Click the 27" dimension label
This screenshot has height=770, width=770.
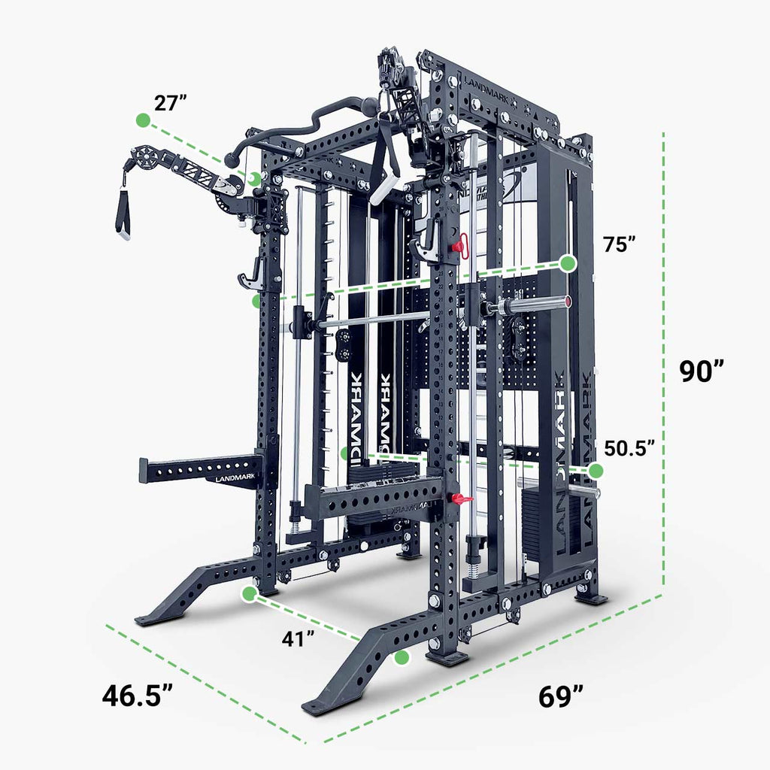coord(171,104)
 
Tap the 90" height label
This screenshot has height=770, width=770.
coord(702,371)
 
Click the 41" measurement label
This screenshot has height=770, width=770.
coord(299,639)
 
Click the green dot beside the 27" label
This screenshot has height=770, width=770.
coord(142,120)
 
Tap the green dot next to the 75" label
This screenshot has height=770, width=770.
coord(568,263)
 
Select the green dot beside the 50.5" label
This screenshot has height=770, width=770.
coord(596,471)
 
